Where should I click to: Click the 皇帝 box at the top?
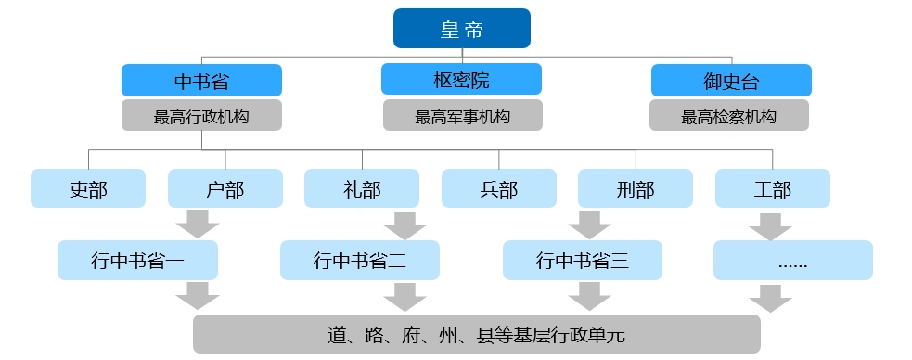pyautogui.click(x=461, y=28)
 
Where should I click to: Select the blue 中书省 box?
pyautogui.click(x=201, y=80)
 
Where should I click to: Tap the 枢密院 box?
pyautogui.click(x=462, y=80)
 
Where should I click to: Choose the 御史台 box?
pyautogui.click(x=730, y=80)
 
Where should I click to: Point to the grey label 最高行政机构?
pyautogui.click(x=201, y=116)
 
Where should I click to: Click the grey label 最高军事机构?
pyautogui.click(x=462, y=116)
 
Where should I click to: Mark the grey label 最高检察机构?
pyautogui.click(x=729, y=116)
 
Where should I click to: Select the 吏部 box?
pyautogui.click(x=88, y=188)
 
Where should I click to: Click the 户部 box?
pyautogui.click(x=225, y=188)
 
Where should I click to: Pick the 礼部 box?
pyautogui.click(x=361, y=188)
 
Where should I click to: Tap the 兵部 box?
pyautogui.click(x=498, y=188)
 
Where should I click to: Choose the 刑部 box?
pyautogui.click(x=635, y=188)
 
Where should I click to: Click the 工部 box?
pyautogui.click(x=772, y=188)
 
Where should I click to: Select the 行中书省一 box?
pyautogui.click(x=137, y=261)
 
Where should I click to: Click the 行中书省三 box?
pyautogui.click(x=583, y=261)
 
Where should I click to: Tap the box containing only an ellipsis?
pyautogui.click(x=792, y=261)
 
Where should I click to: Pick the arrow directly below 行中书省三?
pyautogui.click(x=588, y=297)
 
